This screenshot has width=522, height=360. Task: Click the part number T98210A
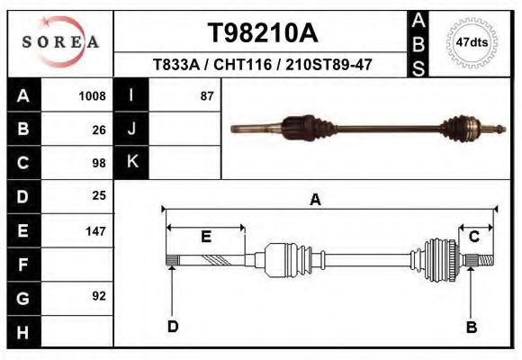(x=263, y=32)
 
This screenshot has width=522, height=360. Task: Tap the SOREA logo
(x=60, y=41)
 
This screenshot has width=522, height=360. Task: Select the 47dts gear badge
(x=472, y=42)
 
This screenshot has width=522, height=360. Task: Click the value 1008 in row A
(x=92, y=96)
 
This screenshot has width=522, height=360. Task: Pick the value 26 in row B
(x=99, y=130)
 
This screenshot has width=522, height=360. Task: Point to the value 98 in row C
(x=99, y=163)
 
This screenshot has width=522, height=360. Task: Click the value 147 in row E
(x=95, y=231)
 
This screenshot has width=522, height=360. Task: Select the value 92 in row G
(x=99, y=296)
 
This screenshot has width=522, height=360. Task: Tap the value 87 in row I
(x=206, y=96)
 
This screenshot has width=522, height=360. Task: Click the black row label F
(x=22, y=265)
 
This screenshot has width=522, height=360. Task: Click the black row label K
(x=131, y=162)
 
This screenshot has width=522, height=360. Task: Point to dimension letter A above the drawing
(x=316, y=200)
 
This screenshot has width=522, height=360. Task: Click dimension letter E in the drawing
(x=205, y=237)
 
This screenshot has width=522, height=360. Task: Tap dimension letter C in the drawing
(x=473, y=237)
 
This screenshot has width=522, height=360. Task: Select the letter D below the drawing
(x=173, y=326)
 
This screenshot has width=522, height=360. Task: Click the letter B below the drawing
(x=471, y=327)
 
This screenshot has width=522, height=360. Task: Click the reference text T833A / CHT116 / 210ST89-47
(x=263, y=65)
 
